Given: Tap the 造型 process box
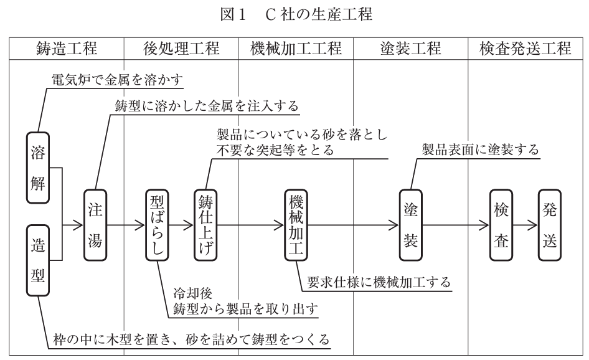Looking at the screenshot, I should coord(37,261).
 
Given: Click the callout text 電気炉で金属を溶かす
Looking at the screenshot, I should coord(118,80).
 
